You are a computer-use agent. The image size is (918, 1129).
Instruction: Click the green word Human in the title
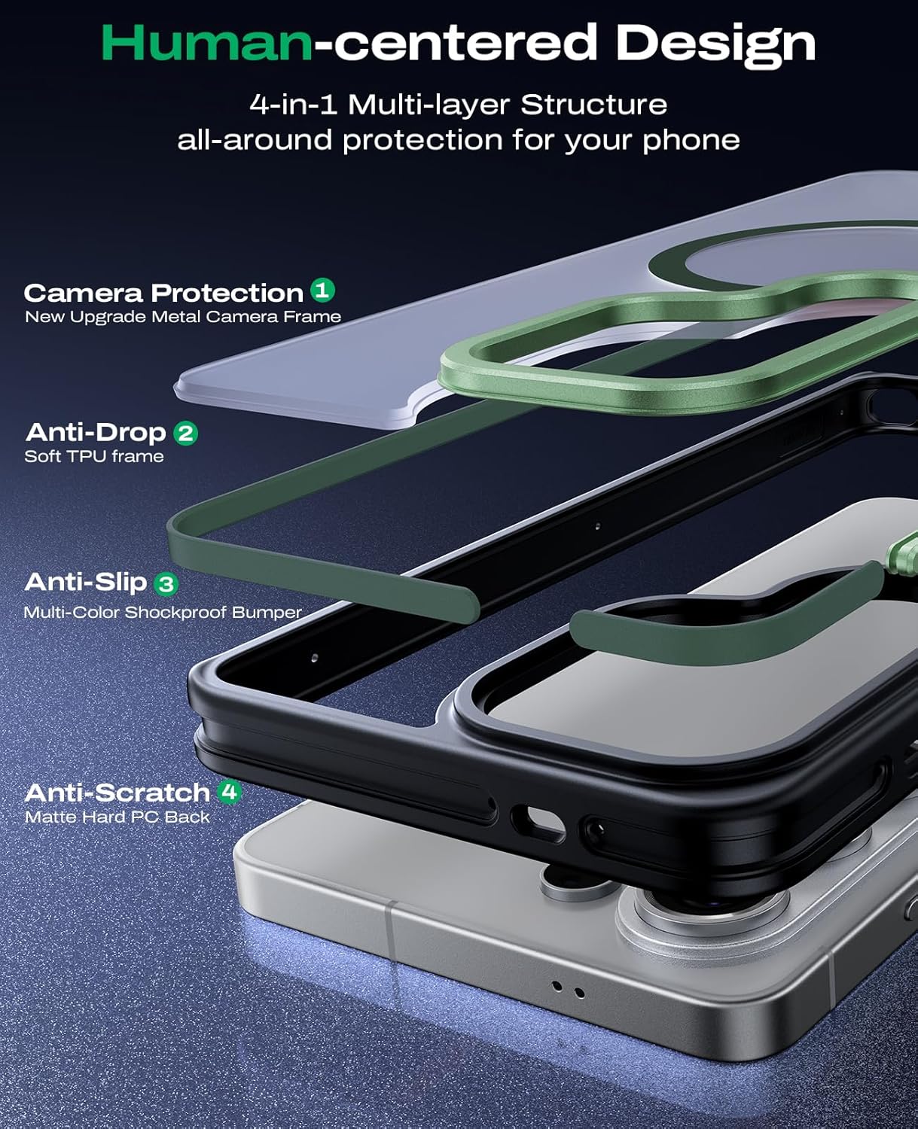207,43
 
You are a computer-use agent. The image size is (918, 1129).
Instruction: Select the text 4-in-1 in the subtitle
293,105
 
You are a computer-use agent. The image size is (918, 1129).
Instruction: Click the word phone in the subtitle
691,142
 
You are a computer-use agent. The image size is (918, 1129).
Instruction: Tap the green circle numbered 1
322,290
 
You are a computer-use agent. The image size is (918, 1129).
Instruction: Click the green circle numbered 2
185,433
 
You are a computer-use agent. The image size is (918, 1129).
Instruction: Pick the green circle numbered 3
166,584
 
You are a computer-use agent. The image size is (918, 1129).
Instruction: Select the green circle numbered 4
230,793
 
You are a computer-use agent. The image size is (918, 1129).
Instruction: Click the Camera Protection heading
164,293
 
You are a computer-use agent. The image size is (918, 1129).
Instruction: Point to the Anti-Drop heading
96,433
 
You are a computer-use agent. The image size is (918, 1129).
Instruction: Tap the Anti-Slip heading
85,583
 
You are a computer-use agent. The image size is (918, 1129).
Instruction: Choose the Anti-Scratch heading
117,793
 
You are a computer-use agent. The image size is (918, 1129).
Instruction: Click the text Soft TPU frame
94,456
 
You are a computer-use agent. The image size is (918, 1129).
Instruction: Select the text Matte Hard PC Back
117,817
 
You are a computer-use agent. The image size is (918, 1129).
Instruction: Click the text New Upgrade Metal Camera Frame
183,317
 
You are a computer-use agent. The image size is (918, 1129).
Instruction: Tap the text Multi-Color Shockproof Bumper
163,612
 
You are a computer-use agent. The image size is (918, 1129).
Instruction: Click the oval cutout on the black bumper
538,823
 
